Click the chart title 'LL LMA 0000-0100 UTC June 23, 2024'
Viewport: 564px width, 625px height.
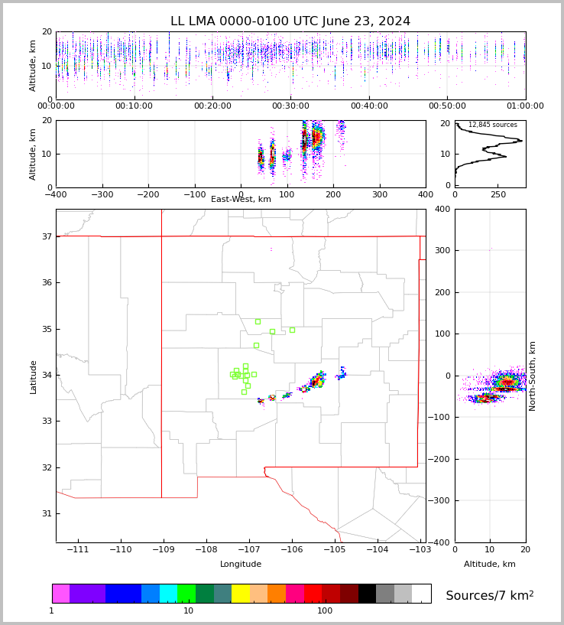290,21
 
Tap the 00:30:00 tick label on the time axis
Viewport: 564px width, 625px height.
290,106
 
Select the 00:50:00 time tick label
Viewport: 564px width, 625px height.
447,106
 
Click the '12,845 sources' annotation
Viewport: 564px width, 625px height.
492,125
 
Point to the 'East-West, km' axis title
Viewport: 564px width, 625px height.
241,200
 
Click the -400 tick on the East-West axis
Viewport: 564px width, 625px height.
56,194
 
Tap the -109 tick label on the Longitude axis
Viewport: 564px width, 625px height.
161,549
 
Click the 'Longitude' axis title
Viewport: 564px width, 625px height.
241,564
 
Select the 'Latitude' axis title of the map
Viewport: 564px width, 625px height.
33,376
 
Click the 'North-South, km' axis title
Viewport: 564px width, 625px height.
533,376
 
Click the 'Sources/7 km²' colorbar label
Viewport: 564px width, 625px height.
489,595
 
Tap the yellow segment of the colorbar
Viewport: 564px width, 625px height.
241,594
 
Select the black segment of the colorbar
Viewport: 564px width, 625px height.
367,594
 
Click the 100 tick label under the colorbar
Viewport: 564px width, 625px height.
325,610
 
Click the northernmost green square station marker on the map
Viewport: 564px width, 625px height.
258,321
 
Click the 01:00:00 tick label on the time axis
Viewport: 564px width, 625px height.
525,106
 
